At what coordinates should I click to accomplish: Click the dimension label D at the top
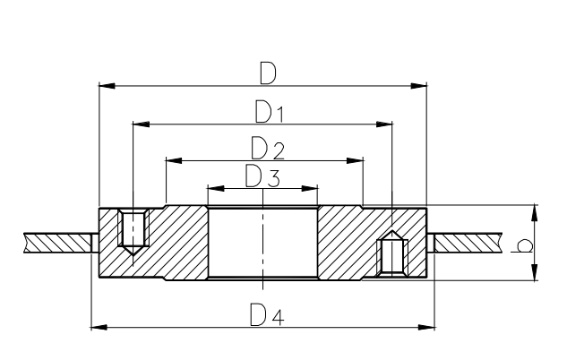[x=268, y=73]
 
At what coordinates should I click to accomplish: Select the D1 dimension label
[x=270, y=111]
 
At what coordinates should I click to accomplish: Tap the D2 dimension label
[x=268, y=148]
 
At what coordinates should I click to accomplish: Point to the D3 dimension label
[x=262, y=176]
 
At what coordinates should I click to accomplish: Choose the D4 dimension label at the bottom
[x=267, y=315]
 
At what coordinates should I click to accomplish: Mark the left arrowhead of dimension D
[x=107, y=86]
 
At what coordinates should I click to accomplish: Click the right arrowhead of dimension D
[x=418, y=86]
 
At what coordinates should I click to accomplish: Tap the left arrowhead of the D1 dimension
[x=142, y=124]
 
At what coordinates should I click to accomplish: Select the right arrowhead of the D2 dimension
[x=355, y=161]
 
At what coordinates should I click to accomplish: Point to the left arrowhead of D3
[x=216, y=188]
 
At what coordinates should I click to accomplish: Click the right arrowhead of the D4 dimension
[x=426, y=328]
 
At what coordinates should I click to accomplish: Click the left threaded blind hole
[x=133, y=232]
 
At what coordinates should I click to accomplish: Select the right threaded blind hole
[x=392, y=254]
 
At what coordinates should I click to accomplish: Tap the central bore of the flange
[x=262, y=243]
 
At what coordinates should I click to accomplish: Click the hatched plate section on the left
[x=57, y=243]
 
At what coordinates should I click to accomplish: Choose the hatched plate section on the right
[x=468, y=243]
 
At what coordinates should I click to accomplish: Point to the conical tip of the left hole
[x=133, y=251]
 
